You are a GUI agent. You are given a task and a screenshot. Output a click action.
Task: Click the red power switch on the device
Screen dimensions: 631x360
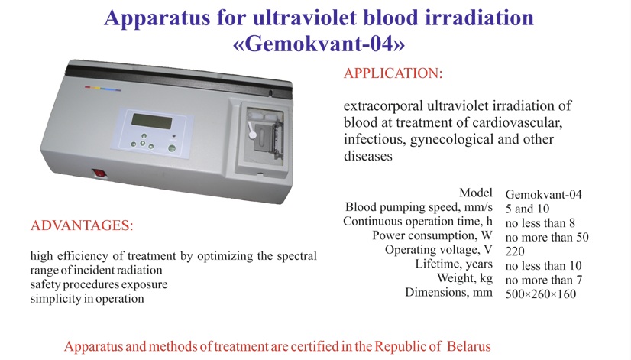click(x=99, y=174)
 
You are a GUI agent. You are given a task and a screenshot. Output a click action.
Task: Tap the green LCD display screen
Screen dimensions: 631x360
click(x=152, y=121)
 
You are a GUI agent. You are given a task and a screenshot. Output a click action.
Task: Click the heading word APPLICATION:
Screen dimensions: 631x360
click(x=393, y=73)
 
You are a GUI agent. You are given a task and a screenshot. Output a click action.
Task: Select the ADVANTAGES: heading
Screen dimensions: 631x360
click(x=82, y=225)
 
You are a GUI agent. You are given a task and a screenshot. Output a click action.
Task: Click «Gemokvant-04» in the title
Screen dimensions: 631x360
click(x=319, y=44)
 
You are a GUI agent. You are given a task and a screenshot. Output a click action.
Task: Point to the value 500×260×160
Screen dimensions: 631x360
click(x=540, y=294)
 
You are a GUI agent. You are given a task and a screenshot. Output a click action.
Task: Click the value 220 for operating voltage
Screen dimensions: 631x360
click(x=515, y=251)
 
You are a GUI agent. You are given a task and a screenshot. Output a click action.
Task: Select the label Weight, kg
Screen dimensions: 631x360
click(x=464, y=278)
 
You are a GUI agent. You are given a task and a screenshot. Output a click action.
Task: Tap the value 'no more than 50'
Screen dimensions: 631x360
click(x=547, y=237)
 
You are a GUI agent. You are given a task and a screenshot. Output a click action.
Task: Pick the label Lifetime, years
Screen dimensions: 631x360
click(x=454, y=264)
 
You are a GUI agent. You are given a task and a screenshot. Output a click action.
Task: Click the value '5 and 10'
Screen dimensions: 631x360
click(x=527, y=209)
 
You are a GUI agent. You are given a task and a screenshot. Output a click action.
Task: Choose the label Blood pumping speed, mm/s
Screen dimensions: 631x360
click(x=419, y=207)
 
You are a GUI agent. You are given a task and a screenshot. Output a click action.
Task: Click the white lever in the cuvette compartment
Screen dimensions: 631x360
click(x=251, y=129)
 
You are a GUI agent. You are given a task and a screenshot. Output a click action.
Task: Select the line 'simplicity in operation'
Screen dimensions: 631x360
click(x=87, y=299)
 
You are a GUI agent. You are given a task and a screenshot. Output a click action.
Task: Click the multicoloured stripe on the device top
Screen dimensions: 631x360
click(x=102, y=88)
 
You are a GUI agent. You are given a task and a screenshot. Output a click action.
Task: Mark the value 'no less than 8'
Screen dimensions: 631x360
click(x=540, y=222)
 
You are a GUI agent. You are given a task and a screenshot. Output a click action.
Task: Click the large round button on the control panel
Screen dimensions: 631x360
click(x=172, y=148)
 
